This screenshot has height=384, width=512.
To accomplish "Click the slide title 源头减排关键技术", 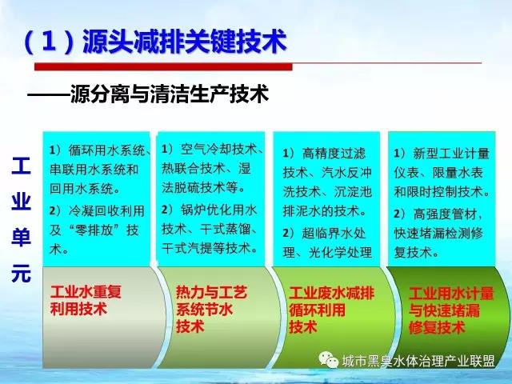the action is point(185,42).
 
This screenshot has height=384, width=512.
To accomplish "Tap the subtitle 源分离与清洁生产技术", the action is point(170,94).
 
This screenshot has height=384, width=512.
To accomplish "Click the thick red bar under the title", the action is point(163,66).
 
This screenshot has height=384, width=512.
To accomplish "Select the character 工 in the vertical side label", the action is point(22,166).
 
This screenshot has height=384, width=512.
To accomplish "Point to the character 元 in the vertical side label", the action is point(22,274).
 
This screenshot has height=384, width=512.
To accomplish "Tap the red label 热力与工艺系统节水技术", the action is point(211,309).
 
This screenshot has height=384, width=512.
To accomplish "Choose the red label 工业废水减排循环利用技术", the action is point(331,310).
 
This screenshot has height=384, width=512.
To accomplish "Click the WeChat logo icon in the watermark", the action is point(329,359).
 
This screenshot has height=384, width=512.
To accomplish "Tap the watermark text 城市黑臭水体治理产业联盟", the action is point(418,361).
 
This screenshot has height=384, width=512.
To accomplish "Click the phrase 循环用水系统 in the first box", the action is point(106,150).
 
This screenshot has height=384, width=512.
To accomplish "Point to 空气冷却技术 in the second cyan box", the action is point(218,150).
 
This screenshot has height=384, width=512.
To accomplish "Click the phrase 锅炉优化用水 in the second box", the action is point(218,210).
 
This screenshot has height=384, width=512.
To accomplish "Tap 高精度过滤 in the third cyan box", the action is point(334,153).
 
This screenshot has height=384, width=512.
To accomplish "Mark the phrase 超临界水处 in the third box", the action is point(334,233).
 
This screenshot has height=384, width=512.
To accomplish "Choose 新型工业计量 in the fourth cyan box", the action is point(451,153).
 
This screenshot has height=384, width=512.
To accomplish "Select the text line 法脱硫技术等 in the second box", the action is point(199,187).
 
